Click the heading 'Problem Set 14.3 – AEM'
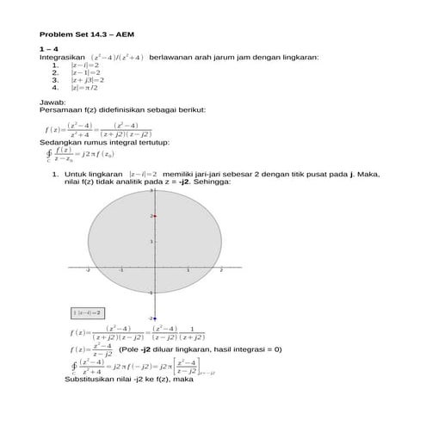83,34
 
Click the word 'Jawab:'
52,102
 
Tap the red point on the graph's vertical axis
153,216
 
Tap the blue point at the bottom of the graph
153,318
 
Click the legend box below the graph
87,312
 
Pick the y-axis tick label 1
150,242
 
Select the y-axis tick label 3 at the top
150,191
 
